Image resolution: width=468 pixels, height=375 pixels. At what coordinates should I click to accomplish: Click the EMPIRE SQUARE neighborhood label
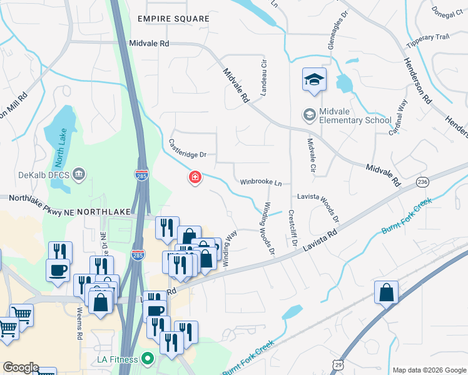coord(173,19)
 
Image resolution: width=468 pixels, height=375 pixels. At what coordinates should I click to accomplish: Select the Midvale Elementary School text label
coord(355,116)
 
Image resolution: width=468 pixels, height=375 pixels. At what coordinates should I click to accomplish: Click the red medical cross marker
coord(195,179)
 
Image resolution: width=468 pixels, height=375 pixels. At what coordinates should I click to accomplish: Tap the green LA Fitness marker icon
coord(148,359)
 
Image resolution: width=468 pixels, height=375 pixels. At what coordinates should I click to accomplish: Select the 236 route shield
coord(423,182)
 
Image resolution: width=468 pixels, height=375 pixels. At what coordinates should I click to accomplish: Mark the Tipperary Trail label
coord(428,37)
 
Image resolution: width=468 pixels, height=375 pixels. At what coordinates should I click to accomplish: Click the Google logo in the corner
coord(21,367)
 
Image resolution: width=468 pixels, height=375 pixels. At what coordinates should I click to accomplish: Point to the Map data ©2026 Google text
coord(429,370)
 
